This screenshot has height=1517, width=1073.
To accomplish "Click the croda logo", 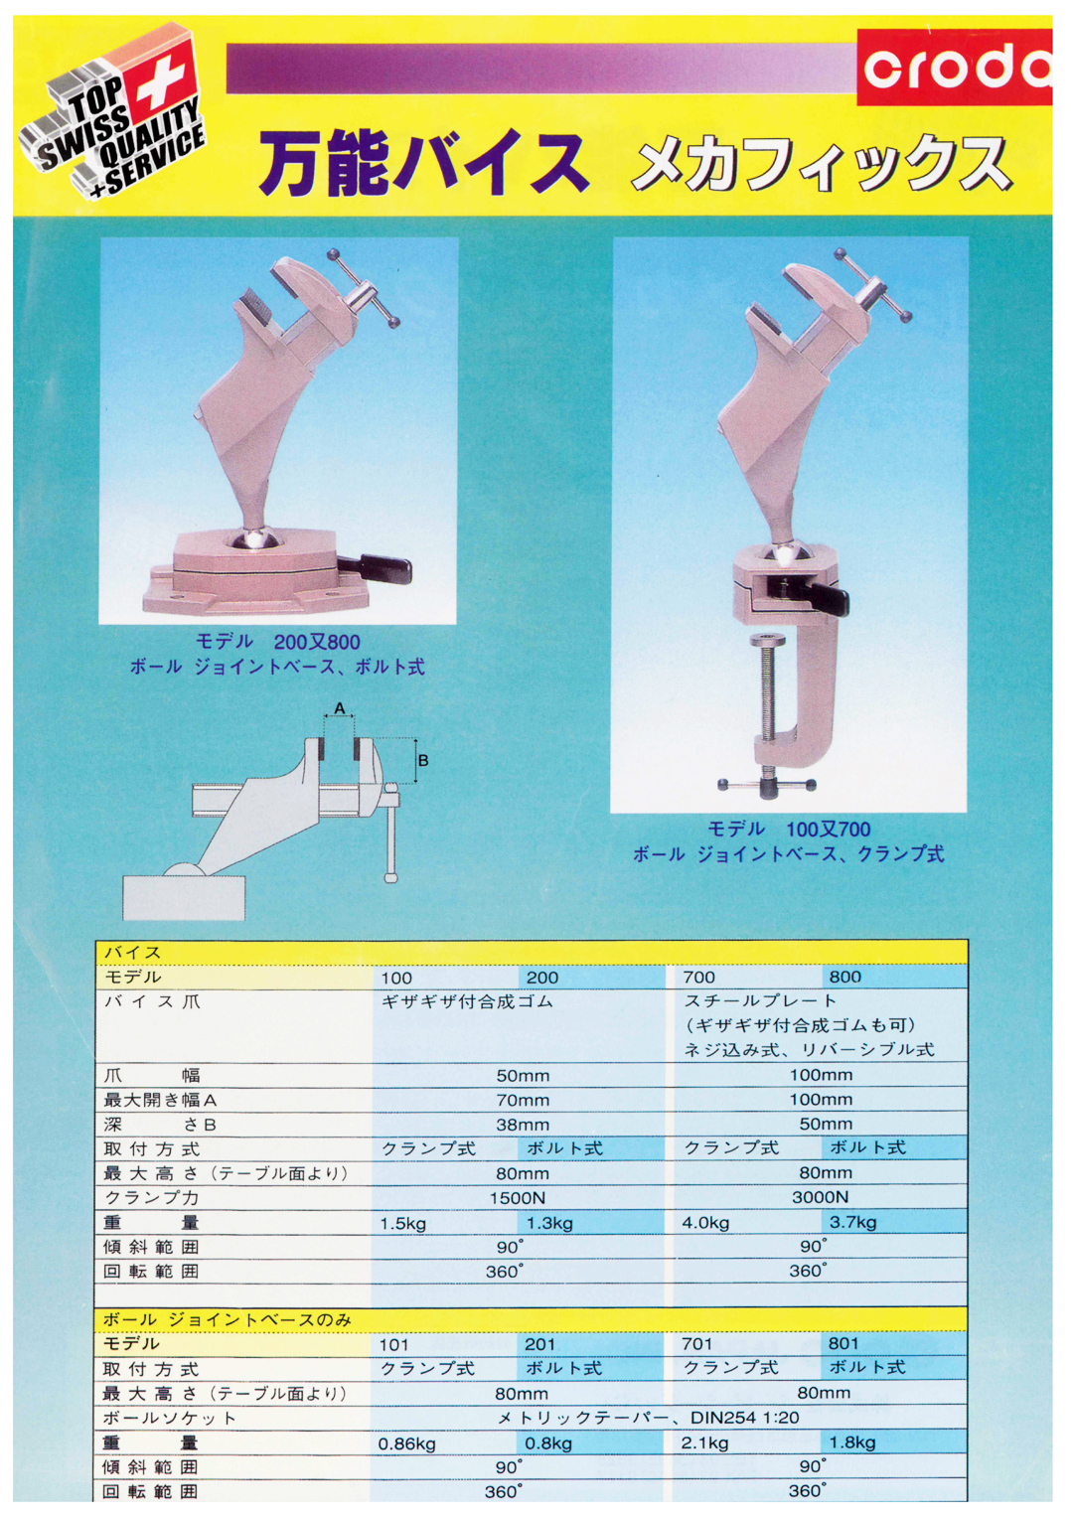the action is coord(954,67).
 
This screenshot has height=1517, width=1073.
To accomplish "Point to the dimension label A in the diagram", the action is coord(340,708).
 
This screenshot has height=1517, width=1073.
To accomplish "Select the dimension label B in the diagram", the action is coord(423,761).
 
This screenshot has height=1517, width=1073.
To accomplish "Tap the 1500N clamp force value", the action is coord(518,1198).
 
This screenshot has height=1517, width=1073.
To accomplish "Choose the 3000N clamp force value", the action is coord(820,1197).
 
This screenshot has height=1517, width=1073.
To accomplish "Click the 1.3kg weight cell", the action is coord(549,1223).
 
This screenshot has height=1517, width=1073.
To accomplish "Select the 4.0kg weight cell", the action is coord(705,1222).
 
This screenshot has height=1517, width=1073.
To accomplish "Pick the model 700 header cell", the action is coord(698,978).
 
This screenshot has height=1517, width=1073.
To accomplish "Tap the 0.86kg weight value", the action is coord(406,1443).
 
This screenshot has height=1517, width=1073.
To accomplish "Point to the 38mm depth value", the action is coord(523,1125).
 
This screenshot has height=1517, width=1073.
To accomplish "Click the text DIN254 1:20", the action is coord(744,1418).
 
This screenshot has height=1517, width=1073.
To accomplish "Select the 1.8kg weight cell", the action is coord(852,1442).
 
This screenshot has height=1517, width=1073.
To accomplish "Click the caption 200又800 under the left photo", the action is coord(316,642).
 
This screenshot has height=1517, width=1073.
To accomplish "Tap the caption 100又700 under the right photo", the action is coord(828,829).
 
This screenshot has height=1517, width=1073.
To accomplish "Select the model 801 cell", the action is coord(843,1343).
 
